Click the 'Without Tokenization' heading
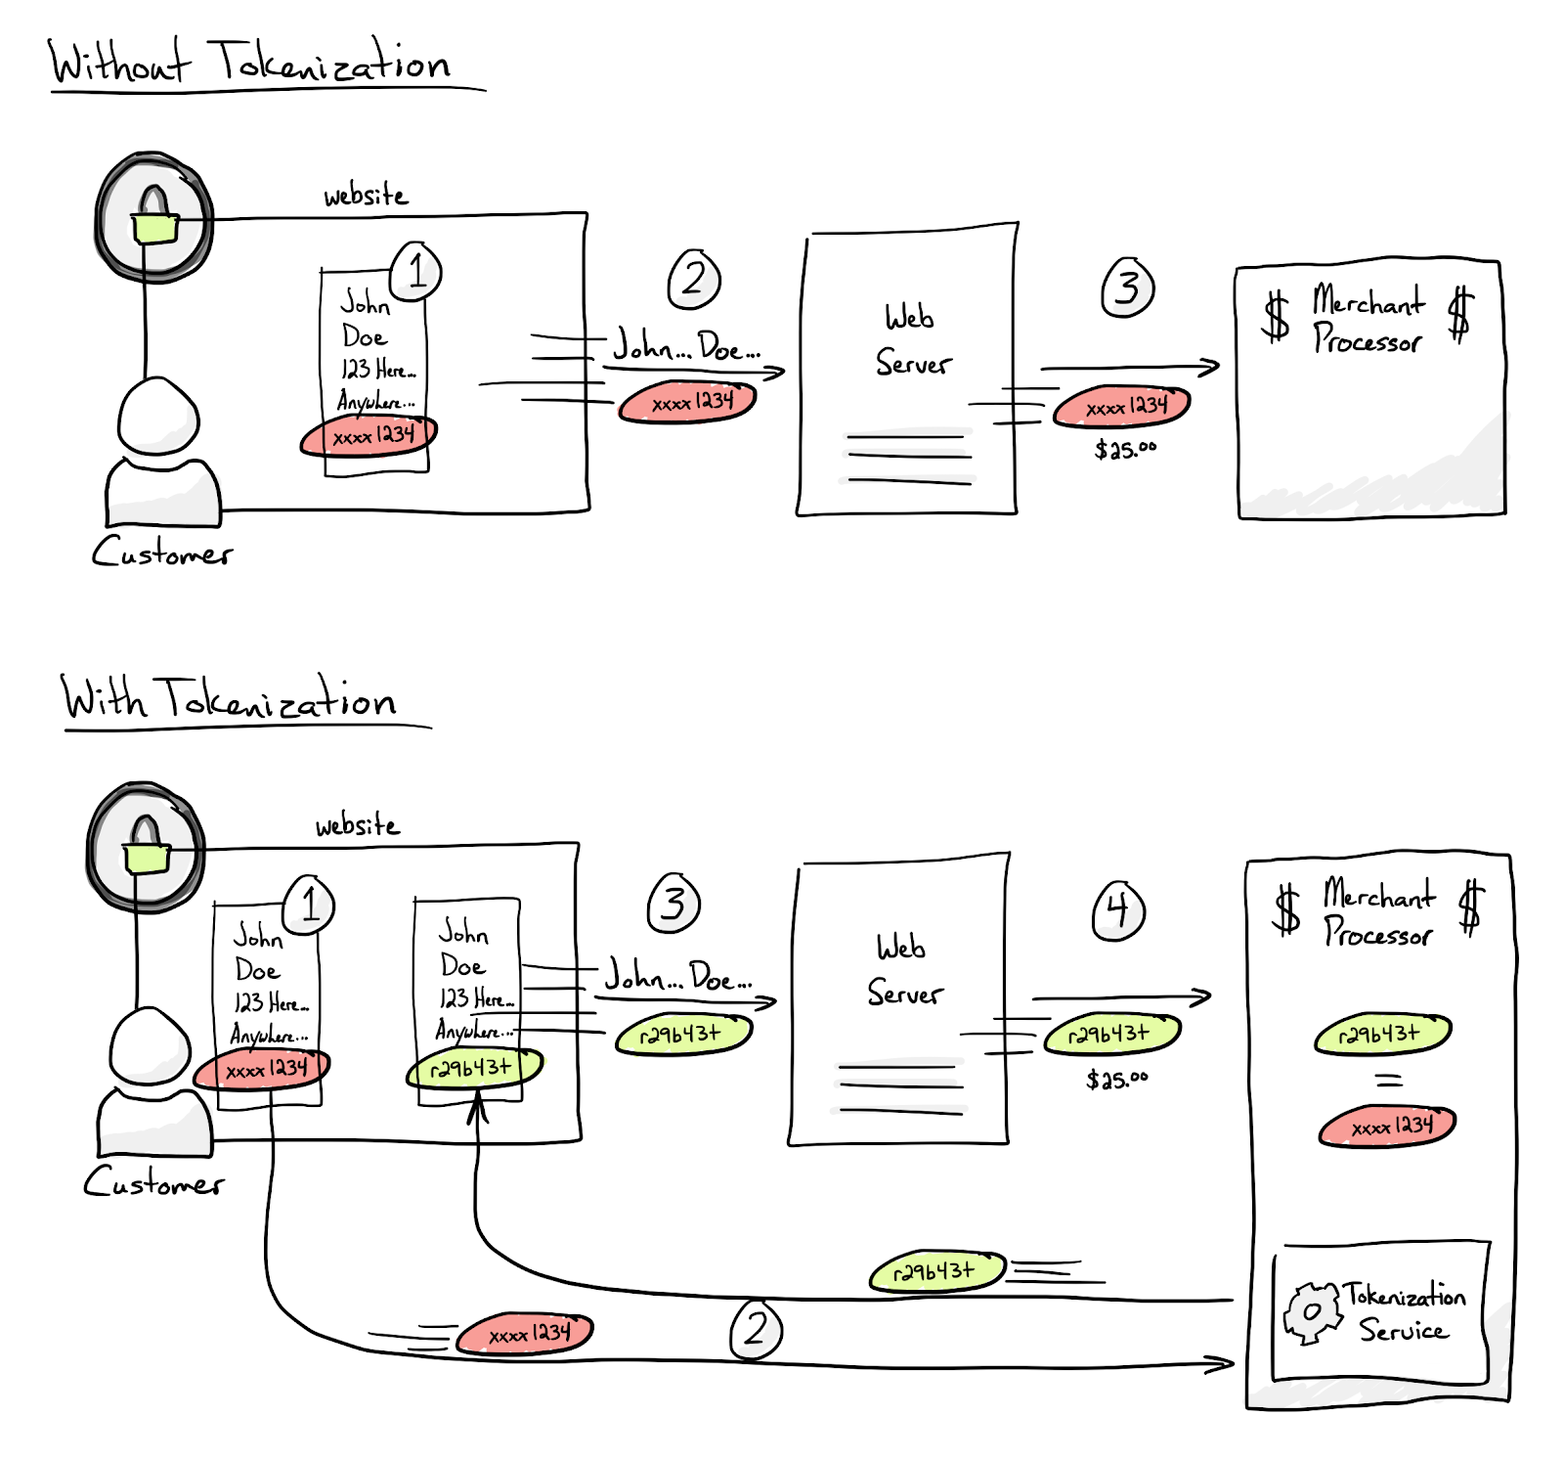click(x=250, y=63)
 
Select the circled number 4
click(x=1118, y=910)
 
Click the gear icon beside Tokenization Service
click(x=1312, y=1312)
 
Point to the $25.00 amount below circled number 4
click(x=1116, y=1080)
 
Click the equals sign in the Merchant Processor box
click(x=1388, y=1081)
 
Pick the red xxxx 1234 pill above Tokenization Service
click(x=1388, y=1127)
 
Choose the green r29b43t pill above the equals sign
click(x=1381, y=1034)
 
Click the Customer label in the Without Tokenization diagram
click(x=162, y=553)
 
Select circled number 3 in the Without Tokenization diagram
click(x=1128, y=288)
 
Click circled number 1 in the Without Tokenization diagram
click(x=416, y=271)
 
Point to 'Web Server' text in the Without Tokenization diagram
click(x=911, y=340)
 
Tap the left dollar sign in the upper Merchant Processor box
click(x=1277, y=316)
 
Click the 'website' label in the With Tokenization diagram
click(x=357, y=825)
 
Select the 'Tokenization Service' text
click(x=1404, y=1312)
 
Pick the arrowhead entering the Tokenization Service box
click(x=1222, y=1363)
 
